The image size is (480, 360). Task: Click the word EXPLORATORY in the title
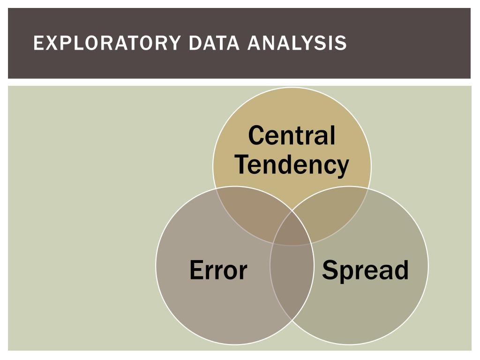pos(107,43)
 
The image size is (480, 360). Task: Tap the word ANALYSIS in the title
pos(297,43)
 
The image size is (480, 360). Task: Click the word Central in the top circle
pos(292,135)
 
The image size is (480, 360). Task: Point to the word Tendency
pos(292,165)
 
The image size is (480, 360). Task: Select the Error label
pos(218,270)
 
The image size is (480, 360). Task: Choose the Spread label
pos(365,270)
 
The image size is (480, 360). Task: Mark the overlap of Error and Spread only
pos(292,281)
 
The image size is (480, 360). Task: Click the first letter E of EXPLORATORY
pos(38,43)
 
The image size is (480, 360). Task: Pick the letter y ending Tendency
pos(342,167)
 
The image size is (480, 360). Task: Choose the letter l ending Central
pos(332,135)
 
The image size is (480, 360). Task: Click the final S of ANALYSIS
pos(342,43)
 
